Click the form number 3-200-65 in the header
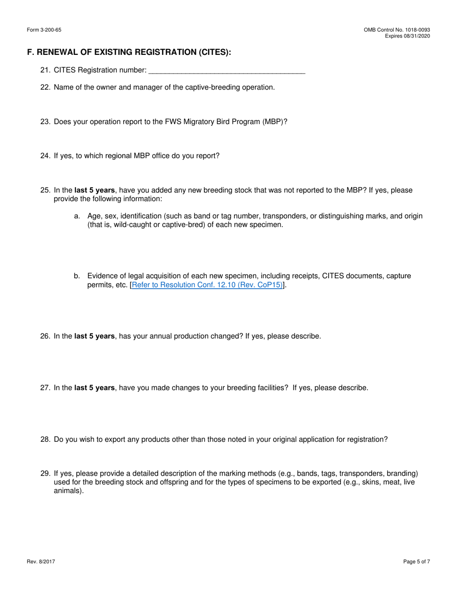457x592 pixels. click(44, 30)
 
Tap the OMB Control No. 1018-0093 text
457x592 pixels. click(397, 30)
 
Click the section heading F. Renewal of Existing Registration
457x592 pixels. click(129, 52)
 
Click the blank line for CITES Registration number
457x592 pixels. click(227, 71)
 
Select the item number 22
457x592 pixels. click(45, 87)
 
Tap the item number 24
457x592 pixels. click(45, 156)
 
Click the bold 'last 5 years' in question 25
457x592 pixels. click(94, 190)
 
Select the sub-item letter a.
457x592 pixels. click(77, 216)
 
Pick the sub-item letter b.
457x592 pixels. click(77, 276)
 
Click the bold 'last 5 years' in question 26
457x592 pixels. click(94, 336)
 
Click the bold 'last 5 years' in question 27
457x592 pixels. click(94, 388)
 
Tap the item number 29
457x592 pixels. click(45, 474)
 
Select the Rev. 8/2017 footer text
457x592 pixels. click(41, 562)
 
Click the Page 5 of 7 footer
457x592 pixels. click(417, 562)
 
